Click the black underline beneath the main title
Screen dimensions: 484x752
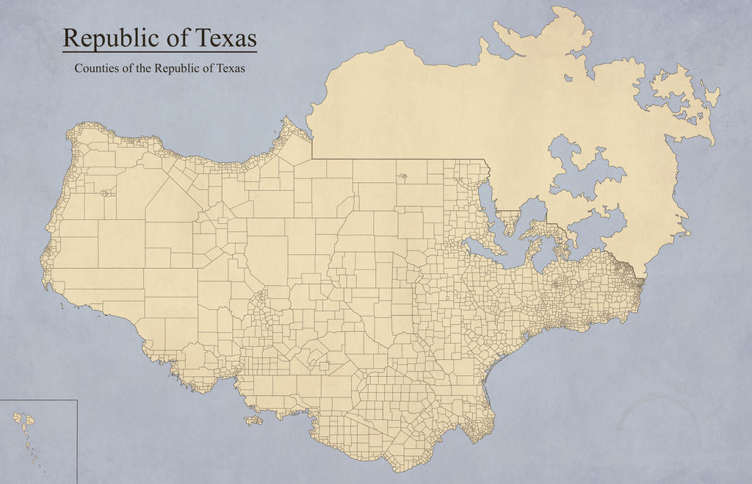coord(159,52)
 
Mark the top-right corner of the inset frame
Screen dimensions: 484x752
coord(77,400)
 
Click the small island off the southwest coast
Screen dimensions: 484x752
coord(253,421)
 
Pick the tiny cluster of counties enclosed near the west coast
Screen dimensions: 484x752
coord(107,193)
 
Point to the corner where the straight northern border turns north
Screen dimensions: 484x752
coord(312,158)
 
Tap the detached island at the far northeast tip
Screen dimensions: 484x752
coord(710,93)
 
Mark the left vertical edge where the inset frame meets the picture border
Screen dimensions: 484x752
coord(1,441)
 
